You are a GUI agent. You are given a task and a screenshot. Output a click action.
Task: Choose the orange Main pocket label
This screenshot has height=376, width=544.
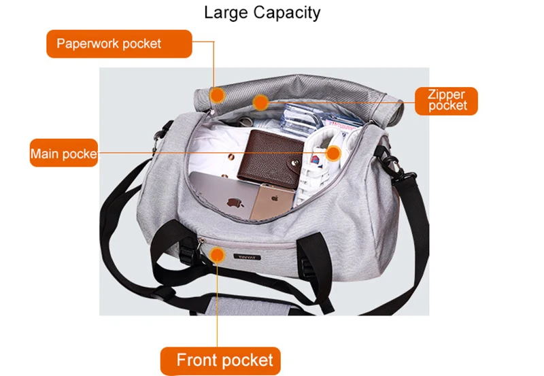coord(63,154)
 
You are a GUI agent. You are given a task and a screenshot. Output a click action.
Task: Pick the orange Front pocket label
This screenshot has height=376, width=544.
coord(220,360)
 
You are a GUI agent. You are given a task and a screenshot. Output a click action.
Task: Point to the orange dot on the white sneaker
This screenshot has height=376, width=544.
coord(333,154)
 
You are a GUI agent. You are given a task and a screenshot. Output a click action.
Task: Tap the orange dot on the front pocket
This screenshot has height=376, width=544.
coord(218,255)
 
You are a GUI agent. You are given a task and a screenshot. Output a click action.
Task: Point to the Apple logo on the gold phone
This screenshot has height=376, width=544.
coord(275,201)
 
